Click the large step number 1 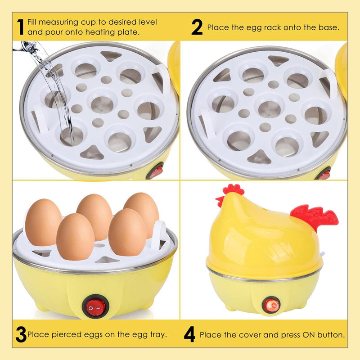coord(20,27)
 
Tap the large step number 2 coord(197,27)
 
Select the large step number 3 coord(21,334)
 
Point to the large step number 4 coord(189,334)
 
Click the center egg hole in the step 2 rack coord(269,109)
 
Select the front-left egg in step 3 coord(75,237)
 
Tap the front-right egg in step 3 coord(127,232)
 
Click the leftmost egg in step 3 coord(44,222)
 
